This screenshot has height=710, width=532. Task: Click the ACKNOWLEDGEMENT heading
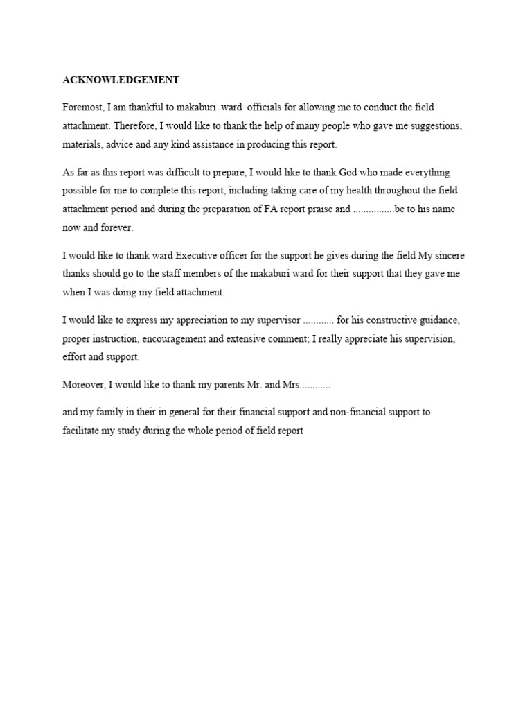[121, 80]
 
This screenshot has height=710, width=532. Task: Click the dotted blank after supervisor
[319, 320]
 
